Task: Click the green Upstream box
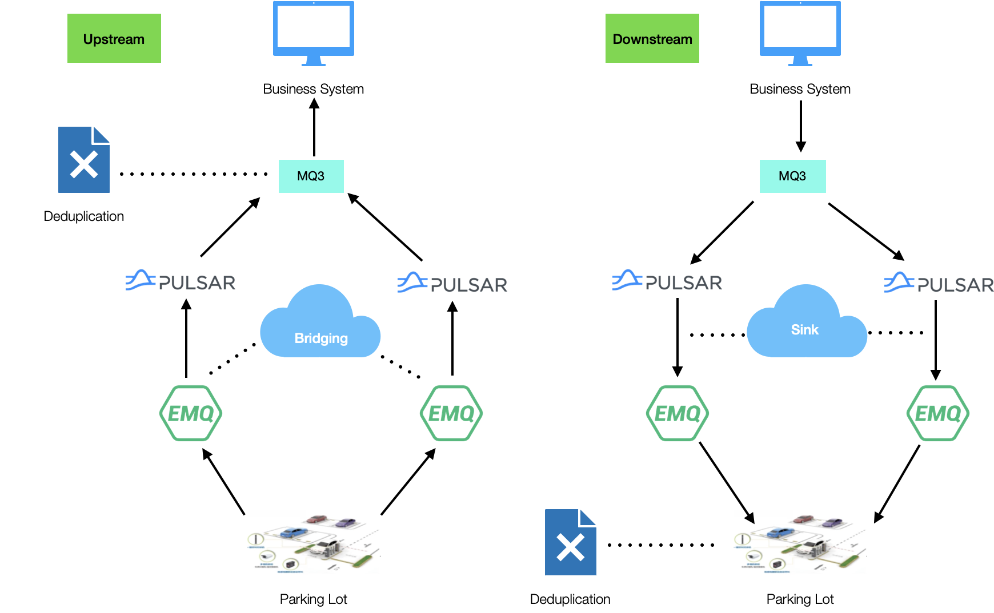(114, 38)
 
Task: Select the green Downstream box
(652, 38)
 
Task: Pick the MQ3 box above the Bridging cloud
(311, 176)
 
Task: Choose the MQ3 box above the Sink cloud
(792, 176)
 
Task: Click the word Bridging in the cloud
(321, 338)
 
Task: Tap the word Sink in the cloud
(804, 330)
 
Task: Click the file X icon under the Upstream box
(83, 160)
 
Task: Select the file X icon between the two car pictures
(570, 543)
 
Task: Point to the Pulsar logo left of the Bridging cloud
(181, 281)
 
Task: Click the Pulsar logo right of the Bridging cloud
(452, 283)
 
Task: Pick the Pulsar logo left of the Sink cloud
(667, 281)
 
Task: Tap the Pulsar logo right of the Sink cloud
(939, 283)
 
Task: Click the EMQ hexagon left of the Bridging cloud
(191, 413)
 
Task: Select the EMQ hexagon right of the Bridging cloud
(451, 413)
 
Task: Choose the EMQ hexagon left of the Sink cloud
(678, 413)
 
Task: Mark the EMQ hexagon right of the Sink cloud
(938, 413)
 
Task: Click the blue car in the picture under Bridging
(294, 533)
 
